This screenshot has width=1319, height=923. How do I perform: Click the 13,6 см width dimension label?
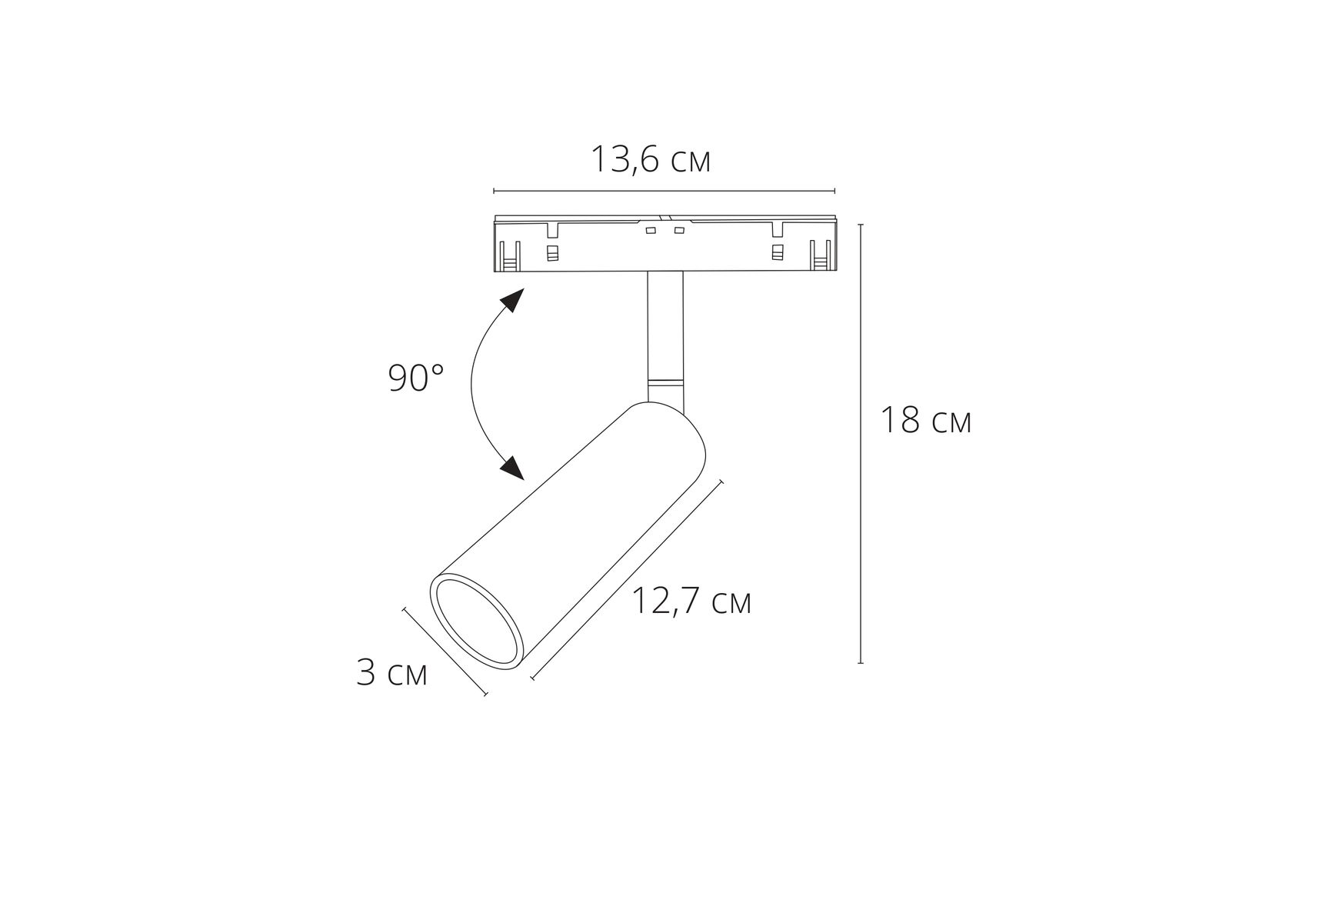(x=650, y=160)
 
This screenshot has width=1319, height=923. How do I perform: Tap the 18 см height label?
(x=925, y=421)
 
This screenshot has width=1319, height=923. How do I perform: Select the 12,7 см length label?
(x=691, y=601)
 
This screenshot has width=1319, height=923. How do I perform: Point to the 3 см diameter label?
(x=391, y=672)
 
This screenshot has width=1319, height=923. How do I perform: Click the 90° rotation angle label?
(x=416, y=378)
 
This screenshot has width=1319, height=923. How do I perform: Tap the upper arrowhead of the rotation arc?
(x=512, y=299)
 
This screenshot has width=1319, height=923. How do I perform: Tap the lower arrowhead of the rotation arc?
(x=511, y=468)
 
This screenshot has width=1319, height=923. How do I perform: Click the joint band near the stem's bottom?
(x=665, y=382)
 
